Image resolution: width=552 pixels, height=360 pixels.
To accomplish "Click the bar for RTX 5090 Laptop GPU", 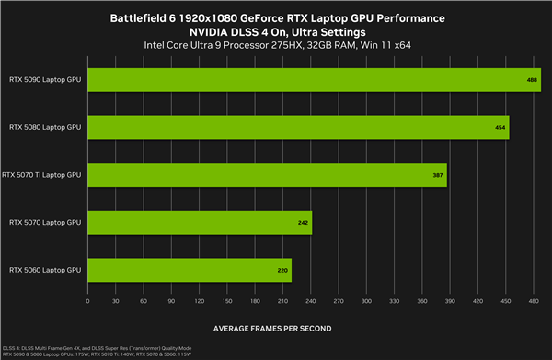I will tap(313, 79).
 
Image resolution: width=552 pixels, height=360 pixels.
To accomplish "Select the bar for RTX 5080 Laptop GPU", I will tap(297, 127).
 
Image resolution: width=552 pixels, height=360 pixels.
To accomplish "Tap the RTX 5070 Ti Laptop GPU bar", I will tap(267, 174).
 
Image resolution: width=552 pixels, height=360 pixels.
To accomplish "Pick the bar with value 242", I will tap(200, 222).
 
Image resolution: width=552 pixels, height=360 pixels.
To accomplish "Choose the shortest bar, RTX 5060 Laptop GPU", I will tap(190, 270).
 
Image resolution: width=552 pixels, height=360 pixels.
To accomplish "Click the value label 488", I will tap(532, 80).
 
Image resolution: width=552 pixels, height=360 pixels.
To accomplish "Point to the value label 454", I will tap(500, 127).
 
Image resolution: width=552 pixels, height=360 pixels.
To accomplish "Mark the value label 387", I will tap(438, 175).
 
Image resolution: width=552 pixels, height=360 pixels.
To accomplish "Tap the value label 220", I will tap(282, 270).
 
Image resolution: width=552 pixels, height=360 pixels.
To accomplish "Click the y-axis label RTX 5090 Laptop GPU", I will tap(45, 80).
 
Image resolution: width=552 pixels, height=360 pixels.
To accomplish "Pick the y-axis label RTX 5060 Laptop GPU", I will tap(45, 270).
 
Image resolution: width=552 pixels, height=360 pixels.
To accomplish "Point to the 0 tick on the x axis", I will tap(87, 300).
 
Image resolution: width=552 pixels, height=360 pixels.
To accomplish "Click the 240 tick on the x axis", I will tap(311, 300).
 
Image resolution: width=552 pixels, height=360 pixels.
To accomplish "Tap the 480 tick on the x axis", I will tap(535, 300).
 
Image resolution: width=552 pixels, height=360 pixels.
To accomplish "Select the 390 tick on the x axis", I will tap(451, 300).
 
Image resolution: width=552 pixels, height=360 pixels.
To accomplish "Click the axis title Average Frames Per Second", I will tap(272, 328).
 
